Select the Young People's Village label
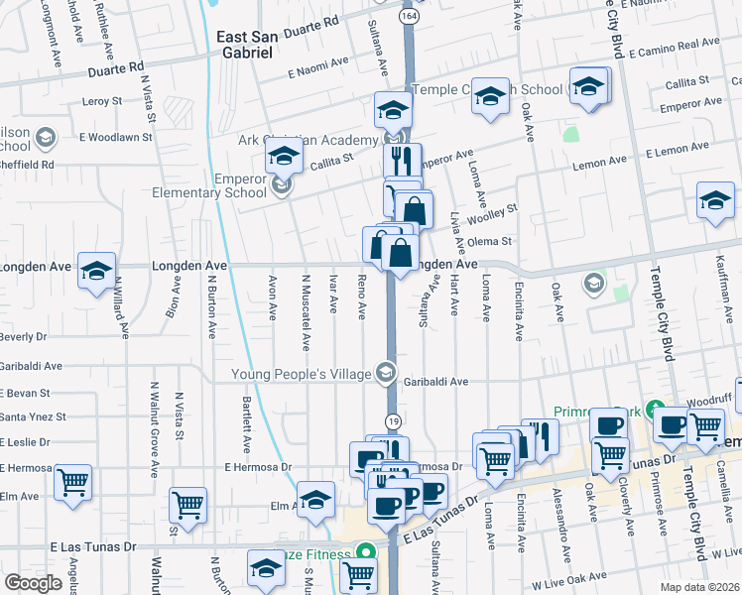coord(301,374)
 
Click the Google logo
coord(33,583)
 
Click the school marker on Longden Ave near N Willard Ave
coord(96,271)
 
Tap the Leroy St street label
coord(102,101)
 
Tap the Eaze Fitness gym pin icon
coord(365,551)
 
